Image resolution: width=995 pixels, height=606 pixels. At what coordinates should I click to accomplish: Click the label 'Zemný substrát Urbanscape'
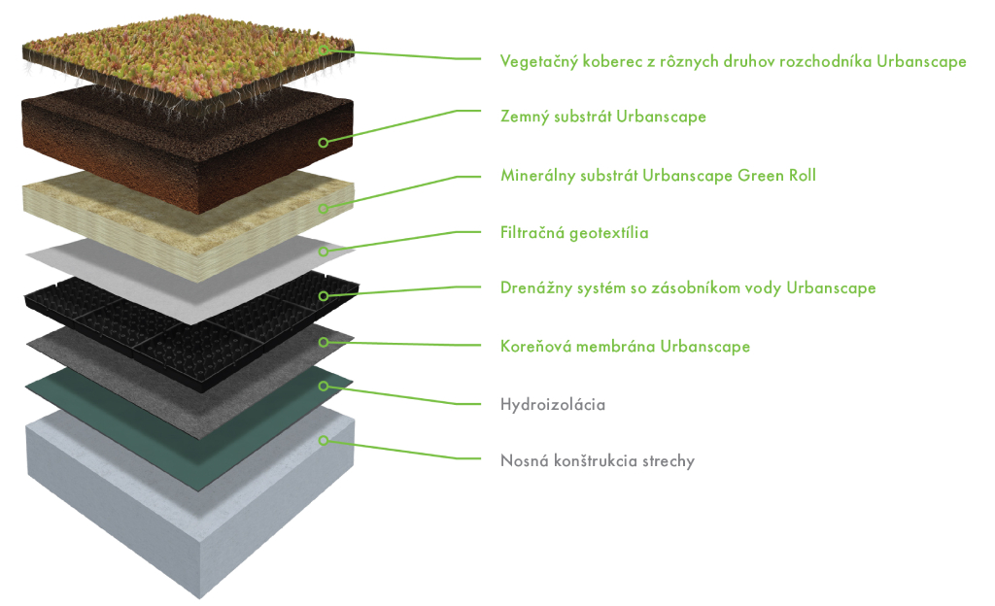pyautogui.click(x=602, y=117)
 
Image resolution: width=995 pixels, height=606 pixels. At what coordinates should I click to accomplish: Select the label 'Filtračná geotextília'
pyautogui.click(x=573, y=233)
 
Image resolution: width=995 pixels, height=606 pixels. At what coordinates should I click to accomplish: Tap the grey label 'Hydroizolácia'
pyautogui.click(x=552, y=404)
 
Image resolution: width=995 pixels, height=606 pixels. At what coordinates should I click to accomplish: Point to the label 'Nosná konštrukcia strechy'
pyautogui.click(x=597, y=461)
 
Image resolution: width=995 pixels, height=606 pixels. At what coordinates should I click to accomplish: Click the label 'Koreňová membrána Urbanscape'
pyautogui.click(x=625, y=346)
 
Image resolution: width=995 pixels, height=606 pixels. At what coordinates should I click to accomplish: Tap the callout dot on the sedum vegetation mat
pyautogui.click(x=324, y=49)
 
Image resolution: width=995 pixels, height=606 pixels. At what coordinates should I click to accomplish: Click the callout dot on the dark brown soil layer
pyautogui.click(x=324, y=142)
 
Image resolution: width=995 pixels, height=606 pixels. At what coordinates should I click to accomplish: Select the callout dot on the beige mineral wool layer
pyautogui.click(x=324, y=208)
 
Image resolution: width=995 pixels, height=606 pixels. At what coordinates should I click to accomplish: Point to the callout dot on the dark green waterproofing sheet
pyautogui.click(x=324, y=385)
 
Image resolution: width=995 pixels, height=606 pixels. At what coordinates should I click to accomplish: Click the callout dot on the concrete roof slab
pyautogui.click(x=324, y=440)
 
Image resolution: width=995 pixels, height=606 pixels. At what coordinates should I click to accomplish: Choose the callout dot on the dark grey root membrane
pyautogui.click(x=324, y=341)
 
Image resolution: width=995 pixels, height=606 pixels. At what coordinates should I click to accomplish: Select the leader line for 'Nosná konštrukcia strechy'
pyautogui.click(x=408, y=452)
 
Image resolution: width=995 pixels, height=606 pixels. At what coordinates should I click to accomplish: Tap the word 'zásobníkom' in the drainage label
pyautogui.click(x=685, y=288)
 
